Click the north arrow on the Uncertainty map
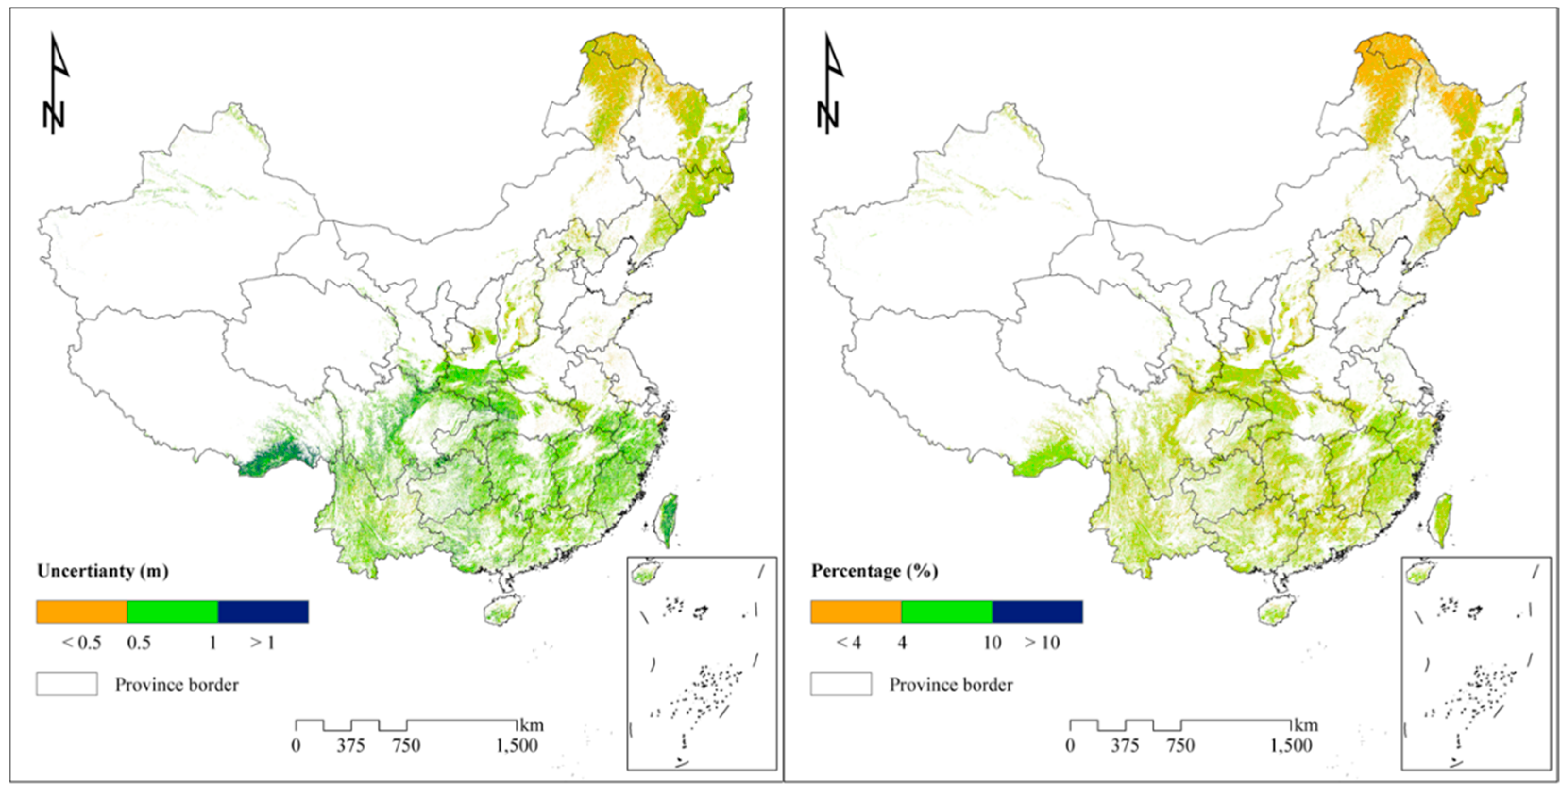click(56, 85)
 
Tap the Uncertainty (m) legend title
click(102, 571)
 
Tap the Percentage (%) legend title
click(874, 571)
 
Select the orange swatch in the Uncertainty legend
click(81, 612)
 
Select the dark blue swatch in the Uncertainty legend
click(263, 612)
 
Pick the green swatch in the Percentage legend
click(947, 612)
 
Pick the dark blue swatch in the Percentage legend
click(1037, 612)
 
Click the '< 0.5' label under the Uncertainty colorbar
click(81, 643)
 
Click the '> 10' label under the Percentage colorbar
click(1042, 643)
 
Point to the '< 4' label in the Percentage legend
click(848, 643)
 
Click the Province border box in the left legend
click(67, 684)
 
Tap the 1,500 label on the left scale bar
click(517, 746)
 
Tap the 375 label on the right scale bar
click(1125, 746)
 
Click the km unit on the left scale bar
click(532, 725)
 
